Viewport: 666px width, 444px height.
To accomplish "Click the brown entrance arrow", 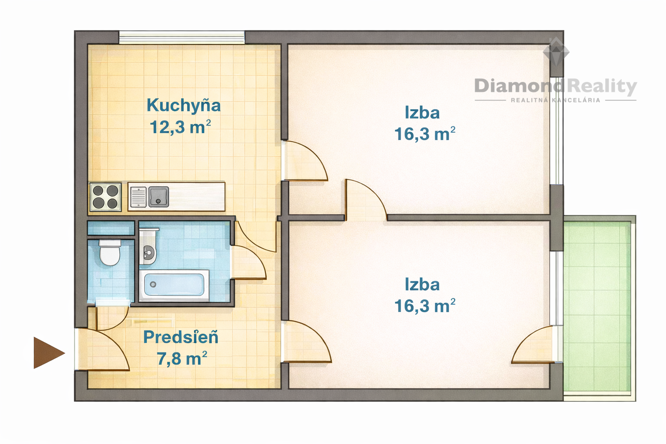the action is [48, 353].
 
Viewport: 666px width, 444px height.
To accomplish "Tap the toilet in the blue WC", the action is [110, 253].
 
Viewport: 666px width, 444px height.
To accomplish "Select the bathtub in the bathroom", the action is [174, 285].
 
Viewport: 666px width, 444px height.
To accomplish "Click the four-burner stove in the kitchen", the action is [105, 197].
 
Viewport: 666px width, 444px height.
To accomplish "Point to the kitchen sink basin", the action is [158, 197].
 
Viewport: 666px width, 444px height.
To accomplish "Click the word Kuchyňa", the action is [184, 105].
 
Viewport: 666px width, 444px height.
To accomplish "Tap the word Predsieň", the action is [181, 337].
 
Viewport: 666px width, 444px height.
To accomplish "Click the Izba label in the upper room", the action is [422, 113].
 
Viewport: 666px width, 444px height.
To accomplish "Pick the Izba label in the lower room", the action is [422, 284].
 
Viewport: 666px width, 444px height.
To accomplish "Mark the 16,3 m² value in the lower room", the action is [425, 306].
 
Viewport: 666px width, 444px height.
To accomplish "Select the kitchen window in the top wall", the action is [182, 38].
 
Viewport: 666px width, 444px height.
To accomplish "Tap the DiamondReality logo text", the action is [555, 87].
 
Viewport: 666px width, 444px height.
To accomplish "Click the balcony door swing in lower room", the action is [533, 344].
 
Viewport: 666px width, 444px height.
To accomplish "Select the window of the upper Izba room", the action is [556, 131].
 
